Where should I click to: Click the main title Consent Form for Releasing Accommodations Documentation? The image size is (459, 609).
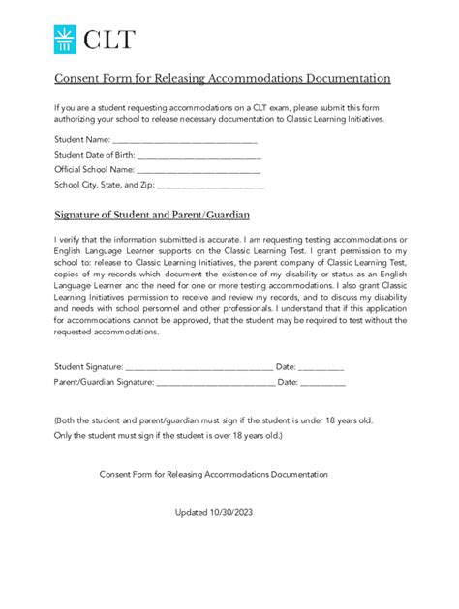[x=222, y=78]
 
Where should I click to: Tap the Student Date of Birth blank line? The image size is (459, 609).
[x=199, y=155]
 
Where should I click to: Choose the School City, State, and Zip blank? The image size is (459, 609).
[x=210, y=184]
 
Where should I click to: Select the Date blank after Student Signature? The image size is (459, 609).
[x=321, y=367]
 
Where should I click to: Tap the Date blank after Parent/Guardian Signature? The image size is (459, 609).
[x=322, y=383]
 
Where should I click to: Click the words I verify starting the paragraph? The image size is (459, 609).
[x=69, y=239]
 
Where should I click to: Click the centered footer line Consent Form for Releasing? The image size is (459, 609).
[x=214, y=474]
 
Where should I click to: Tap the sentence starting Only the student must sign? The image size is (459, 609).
[x=168, y=436]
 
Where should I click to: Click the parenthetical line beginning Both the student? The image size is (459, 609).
[x=213, y=421]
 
